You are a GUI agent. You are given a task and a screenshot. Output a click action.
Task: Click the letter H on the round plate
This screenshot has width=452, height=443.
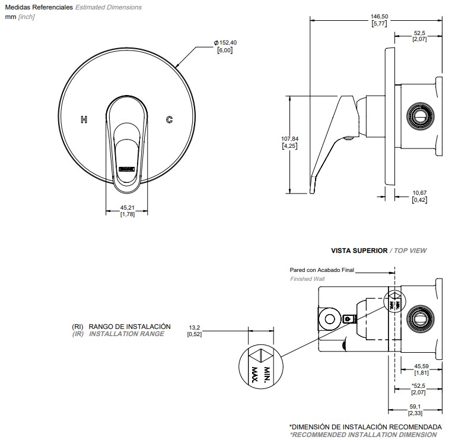84,119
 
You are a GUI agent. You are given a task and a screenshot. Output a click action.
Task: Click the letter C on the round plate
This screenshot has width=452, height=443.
169,119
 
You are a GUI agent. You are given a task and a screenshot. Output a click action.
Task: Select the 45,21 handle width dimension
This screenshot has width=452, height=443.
127,207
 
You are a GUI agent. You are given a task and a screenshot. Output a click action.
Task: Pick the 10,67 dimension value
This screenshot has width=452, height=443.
419,192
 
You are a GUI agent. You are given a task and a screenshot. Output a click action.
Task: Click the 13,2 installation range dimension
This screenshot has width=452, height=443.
195,327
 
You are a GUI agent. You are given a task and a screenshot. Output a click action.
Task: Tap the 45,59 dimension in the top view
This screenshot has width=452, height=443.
422,366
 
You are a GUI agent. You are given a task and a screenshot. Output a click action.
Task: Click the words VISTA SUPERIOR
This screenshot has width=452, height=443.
358,251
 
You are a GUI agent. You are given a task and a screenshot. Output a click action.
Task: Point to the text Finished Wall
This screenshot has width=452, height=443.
307,279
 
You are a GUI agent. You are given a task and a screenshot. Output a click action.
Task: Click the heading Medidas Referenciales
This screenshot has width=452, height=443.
39,8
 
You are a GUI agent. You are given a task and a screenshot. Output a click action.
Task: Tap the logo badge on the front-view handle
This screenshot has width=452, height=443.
128,169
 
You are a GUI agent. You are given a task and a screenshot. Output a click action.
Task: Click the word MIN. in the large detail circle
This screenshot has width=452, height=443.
267,372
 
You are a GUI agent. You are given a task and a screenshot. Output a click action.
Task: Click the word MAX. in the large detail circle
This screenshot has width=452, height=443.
256,374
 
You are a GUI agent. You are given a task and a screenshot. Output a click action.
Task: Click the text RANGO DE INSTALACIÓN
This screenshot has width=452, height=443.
129,327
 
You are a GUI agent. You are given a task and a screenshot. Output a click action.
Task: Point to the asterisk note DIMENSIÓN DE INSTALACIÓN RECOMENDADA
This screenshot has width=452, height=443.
365,427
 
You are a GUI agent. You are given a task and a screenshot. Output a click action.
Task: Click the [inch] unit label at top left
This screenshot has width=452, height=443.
27,17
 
